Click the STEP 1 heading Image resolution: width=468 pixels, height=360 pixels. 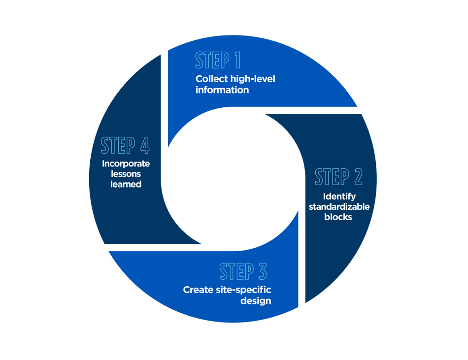coord(218,60)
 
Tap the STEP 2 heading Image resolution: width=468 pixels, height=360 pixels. coord(339,177)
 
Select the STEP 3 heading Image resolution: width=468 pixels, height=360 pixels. coord(243,271)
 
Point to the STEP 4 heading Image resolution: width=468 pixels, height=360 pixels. coord(125,145)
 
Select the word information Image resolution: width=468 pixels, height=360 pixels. coord(222,90)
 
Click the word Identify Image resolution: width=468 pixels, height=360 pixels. coord(339,197)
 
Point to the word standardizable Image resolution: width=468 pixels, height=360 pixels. coord(339,207)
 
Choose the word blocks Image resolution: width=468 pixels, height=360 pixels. coord(338,217)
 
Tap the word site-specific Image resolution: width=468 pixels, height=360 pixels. coord(243,290)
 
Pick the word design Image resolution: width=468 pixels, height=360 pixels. coord(256,301)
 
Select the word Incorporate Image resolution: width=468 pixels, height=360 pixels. coord(126,164)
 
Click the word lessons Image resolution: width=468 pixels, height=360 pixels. coord(126,174)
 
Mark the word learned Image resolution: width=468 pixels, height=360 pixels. coord(126,184)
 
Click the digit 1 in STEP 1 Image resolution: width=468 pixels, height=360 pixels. coord(238,60)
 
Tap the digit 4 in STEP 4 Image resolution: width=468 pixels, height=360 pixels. coord(145,145)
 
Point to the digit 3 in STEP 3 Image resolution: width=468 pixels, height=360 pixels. coord(263,271)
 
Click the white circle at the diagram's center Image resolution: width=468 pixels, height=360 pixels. coord(233,179)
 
